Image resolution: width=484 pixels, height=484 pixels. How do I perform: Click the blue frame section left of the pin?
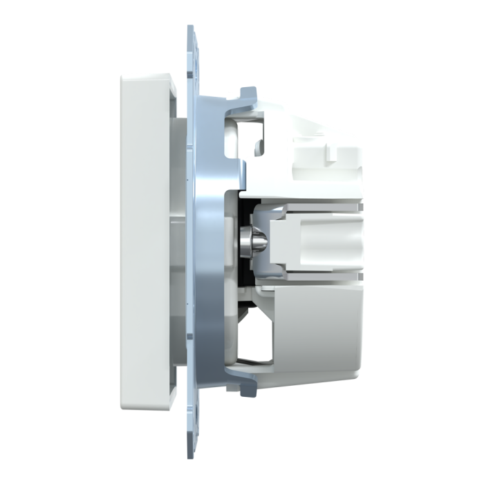[207, 239]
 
